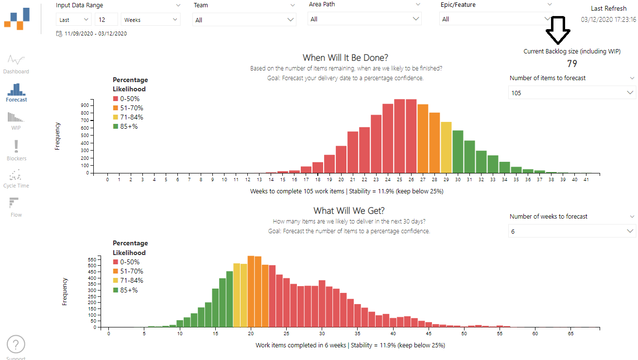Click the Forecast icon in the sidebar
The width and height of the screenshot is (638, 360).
17,90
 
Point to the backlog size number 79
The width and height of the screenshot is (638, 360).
572,64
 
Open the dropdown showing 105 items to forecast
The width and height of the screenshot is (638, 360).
571,92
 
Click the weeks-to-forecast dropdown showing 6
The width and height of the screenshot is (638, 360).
571,231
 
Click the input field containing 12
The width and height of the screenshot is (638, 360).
106,20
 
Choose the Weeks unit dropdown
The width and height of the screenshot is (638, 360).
151,20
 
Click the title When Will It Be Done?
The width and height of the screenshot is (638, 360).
345,58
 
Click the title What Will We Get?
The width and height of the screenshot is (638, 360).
349,210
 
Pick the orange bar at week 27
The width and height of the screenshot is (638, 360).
423,138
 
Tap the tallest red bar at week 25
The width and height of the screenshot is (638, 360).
399,136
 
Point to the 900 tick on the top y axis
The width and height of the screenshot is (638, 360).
85,105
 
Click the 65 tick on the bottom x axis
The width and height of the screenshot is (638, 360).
570,334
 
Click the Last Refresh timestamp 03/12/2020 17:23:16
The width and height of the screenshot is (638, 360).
608,20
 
